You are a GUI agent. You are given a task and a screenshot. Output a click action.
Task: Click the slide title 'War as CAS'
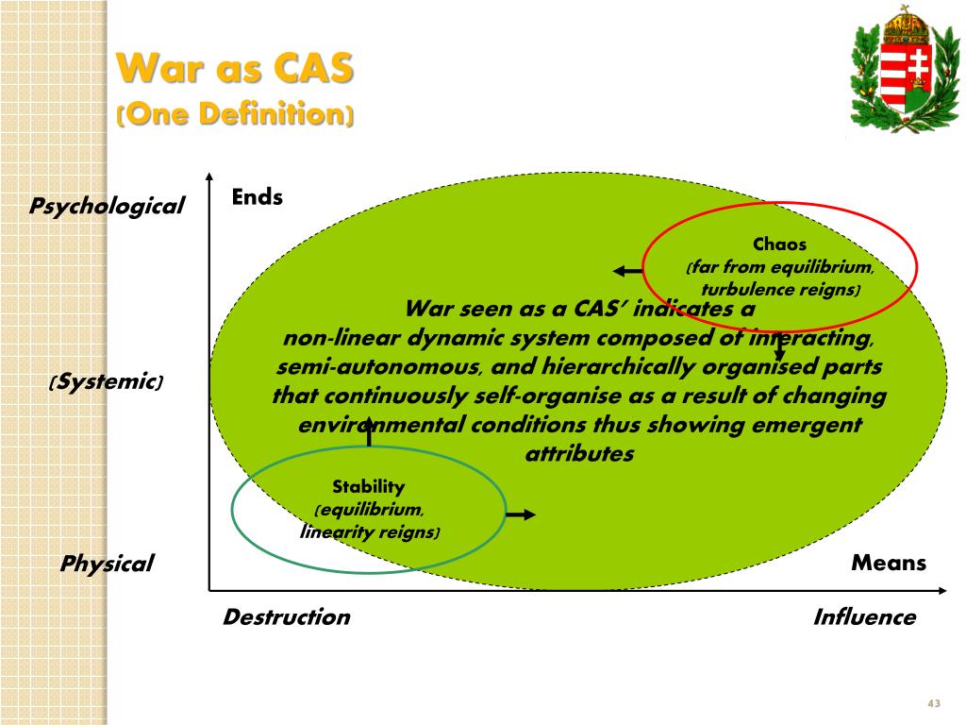tap(235, 68)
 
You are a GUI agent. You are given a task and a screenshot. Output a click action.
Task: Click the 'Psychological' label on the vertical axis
tap(107, 206)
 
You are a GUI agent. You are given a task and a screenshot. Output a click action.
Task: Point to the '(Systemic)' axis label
tap(106, 382)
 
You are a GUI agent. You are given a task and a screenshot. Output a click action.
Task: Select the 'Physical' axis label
tap(107, 565)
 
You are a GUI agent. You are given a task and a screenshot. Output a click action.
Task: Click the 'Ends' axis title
tap(258, 196)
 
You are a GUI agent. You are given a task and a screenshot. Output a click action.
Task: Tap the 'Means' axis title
tap(889, 564)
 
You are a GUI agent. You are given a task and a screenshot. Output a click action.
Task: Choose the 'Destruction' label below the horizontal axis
tap(286, 617)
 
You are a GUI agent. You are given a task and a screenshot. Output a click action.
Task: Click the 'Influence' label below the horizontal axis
tap(864, 617)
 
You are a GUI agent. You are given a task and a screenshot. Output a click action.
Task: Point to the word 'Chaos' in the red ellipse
tap(779, 244)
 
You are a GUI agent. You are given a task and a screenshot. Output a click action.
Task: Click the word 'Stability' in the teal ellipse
tap(368, 487)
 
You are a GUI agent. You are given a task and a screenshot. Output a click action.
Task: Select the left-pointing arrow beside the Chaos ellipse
tap(627, 272)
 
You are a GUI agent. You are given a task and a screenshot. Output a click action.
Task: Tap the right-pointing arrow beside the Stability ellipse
tap(521, 514)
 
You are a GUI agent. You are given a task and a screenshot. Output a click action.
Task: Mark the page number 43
tap(935, 704)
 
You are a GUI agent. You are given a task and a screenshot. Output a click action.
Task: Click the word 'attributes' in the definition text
tap(579, 454)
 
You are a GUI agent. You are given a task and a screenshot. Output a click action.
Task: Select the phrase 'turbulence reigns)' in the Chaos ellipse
tap(780, 290)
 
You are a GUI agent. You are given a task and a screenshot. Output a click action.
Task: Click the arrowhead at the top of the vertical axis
tap(208, 177)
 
